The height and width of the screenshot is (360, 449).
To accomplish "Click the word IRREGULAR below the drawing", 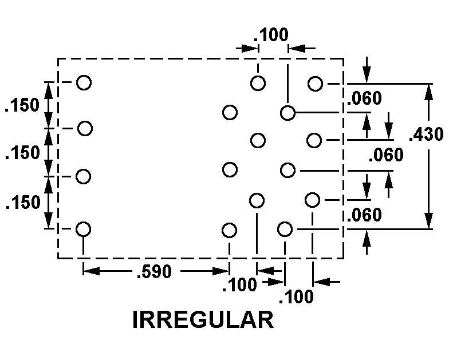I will click(x=203, y=320).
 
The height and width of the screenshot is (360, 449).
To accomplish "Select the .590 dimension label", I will click(x=153, y=272).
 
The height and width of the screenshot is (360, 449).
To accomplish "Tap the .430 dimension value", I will click(x=426, y=135).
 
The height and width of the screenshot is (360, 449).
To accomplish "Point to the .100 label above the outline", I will click(x=271, y=35).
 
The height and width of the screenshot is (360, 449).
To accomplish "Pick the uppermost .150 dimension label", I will click(x=22, y=105).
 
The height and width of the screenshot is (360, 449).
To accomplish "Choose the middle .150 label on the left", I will click(x=22, y=153).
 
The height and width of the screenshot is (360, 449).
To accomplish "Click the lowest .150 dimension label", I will click(x=22, y=203).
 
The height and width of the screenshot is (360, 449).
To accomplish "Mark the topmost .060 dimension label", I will click(x=364, y=98).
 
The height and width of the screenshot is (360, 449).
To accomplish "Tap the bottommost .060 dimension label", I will click(x=364, y=215).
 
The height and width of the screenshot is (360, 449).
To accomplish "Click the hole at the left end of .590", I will click(x=84, y=229).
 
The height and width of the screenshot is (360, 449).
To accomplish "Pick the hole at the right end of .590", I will click(x=229, y=230).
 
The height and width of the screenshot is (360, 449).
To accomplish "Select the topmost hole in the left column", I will click(x=84, y=82).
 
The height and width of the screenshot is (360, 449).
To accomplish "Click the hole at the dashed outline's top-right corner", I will click(x=315, y=84).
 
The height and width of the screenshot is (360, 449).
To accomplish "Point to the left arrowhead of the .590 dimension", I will click(x=89, y=270).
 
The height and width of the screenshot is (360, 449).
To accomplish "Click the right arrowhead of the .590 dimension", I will click(x=224, y=270).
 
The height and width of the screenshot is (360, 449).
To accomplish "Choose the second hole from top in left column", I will click(x=85, y=128).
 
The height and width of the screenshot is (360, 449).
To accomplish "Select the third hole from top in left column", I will click(x=84, y=176).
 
